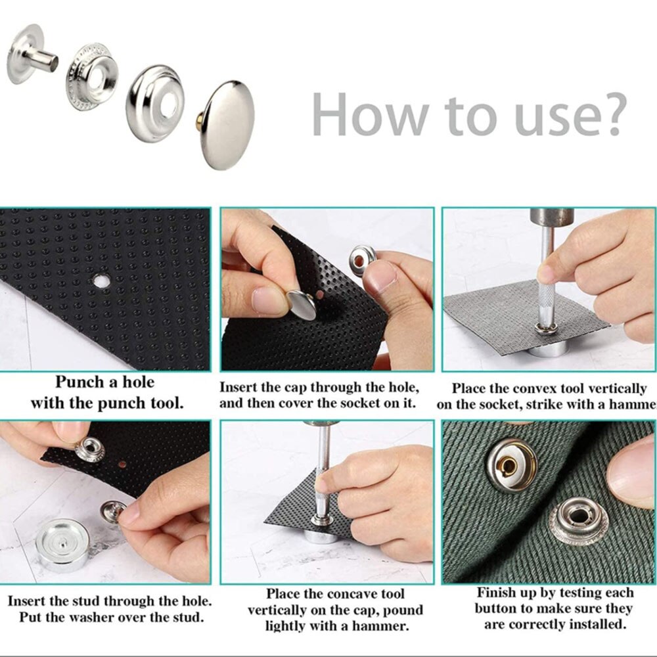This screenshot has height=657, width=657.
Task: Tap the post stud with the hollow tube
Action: click(x=33, y=55)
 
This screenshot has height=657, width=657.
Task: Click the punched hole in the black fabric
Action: click(x=101, y=281)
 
